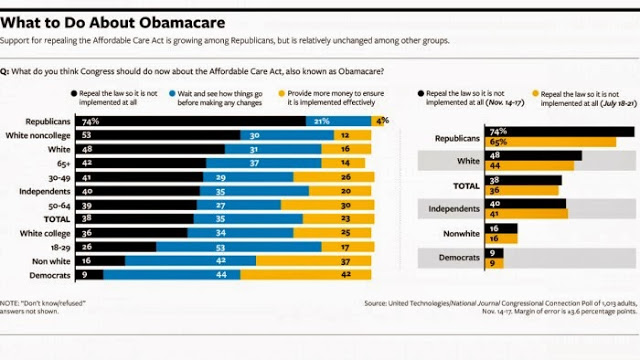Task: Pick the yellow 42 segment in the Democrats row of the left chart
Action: click(309, 272)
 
